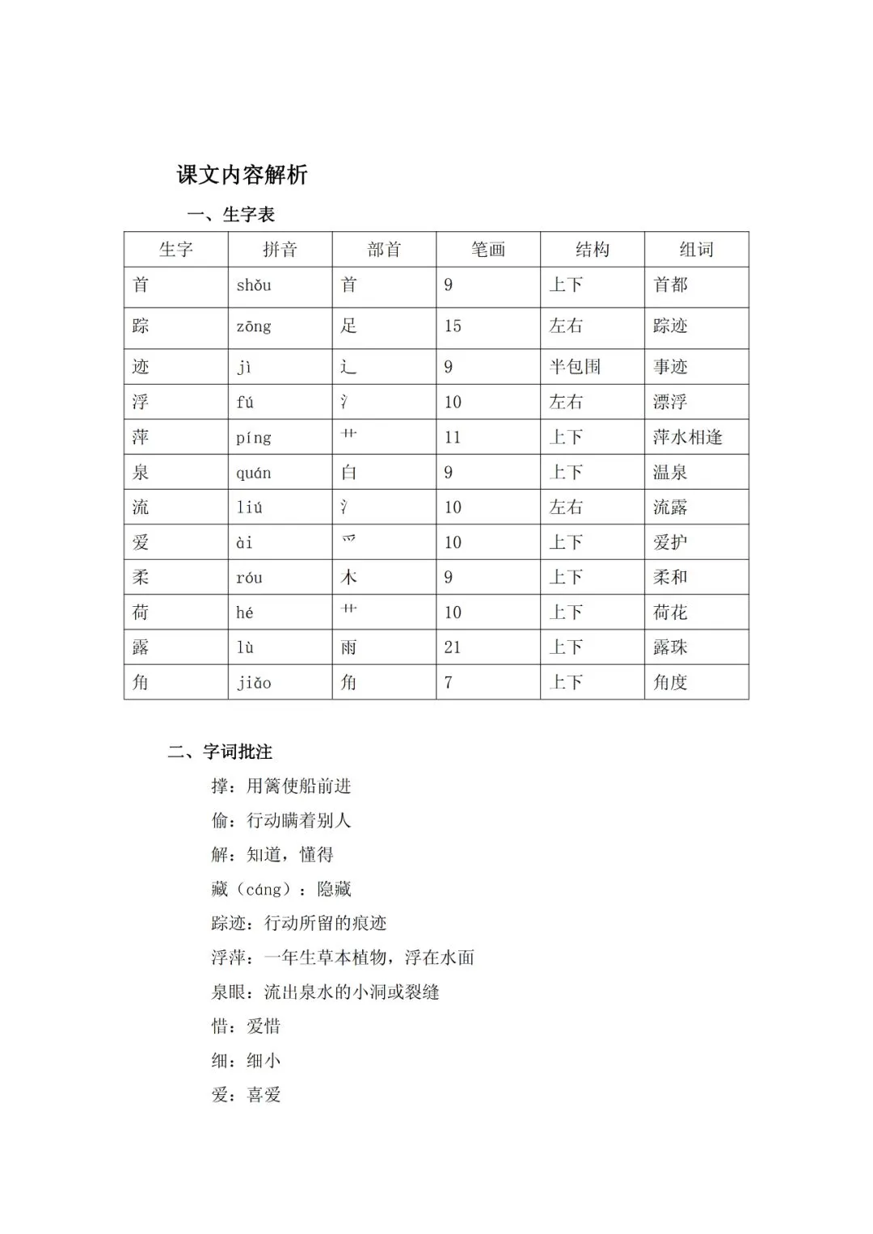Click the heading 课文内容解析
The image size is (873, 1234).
click(242, 175)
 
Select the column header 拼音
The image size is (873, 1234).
click(280, 250)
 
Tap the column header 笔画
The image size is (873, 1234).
click(487, 250)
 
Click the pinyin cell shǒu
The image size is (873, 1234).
click(254, 285)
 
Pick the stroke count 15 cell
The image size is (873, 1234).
click(453, 326)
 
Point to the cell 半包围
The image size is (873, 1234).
click(575, 367)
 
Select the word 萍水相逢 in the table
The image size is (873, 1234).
click(687, 437)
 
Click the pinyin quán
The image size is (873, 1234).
click(254, 473)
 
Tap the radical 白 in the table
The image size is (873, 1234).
click(349, 473)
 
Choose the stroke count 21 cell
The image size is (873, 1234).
click(453, 647)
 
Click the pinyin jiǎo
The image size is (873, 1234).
click(254, 683)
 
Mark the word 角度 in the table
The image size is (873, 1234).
click(670, 683)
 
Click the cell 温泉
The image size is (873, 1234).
click(670, 473)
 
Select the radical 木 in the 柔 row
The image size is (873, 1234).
click(349, 577)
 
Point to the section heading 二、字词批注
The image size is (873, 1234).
click(220, 752)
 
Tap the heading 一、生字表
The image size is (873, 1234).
click(231, 215)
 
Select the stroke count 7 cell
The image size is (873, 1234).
click(449, 683)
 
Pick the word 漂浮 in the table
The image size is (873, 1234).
click(670, 402)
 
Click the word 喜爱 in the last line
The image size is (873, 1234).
click(264, 1095)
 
